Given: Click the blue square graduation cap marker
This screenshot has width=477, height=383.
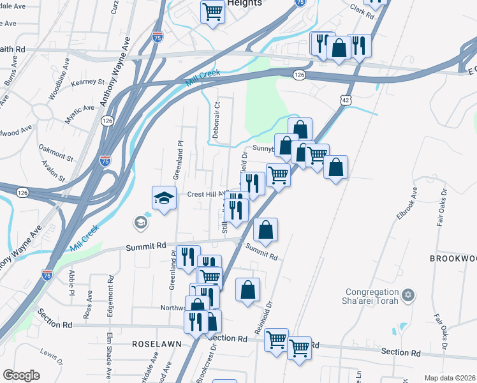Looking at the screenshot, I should (x=164, y=198).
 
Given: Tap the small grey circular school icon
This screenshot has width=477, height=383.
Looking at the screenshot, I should (x=140, y=222).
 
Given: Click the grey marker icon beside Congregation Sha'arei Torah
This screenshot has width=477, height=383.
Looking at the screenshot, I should (x=409, y=296).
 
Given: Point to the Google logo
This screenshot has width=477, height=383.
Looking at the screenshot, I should (x=21, y=375).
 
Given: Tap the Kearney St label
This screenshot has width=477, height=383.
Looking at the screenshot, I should (x=87, y=82).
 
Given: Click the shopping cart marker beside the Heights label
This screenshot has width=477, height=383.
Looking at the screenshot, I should (x=212, y=11).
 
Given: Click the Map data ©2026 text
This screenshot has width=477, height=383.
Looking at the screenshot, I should (x=450, y=378).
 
